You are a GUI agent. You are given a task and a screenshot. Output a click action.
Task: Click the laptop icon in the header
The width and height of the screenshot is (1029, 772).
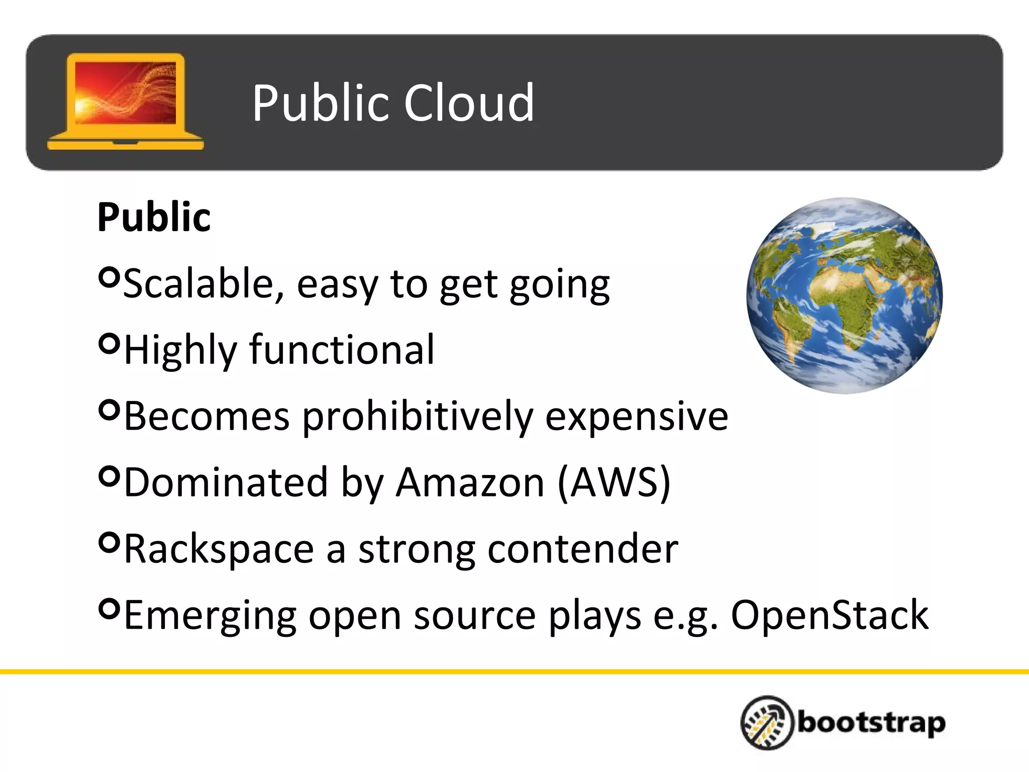(x=126, y=102)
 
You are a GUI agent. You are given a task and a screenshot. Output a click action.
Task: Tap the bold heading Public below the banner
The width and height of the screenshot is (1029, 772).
(x=154, y=217)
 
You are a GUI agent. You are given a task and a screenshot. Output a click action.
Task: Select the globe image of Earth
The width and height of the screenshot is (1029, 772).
(x=844, y=296)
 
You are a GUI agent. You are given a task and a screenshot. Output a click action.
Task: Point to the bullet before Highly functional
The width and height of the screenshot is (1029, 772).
(x=109, y=343)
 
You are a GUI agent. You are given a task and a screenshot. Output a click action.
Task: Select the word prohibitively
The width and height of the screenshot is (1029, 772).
(x=418, y=417)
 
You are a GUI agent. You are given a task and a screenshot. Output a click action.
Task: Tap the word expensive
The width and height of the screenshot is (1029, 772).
(x=636, y=417)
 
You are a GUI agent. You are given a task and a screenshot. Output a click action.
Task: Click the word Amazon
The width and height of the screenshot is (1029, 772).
(x=470, y=482)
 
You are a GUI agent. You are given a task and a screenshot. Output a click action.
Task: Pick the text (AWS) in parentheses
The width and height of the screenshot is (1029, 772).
(x=613, y=482)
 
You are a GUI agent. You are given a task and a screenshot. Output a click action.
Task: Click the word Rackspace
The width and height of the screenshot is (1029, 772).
(x=219, y=549)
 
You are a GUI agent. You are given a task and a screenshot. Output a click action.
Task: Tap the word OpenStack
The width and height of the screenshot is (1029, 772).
(x=829, y=615)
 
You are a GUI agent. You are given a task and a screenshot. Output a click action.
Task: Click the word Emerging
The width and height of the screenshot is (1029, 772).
(x=210, y=616)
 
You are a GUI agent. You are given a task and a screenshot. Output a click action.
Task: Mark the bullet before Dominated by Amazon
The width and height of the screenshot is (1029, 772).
(x=109, y=475)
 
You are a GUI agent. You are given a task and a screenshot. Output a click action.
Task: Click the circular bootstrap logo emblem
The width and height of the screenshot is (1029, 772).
(x=767, y=722)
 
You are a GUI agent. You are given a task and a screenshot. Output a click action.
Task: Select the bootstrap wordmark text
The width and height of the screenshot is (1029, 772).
(x=871, y=723)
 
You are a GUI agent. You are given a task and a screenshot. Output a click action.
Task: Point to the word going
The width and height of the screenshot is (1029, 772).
(x=559, y=285)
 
